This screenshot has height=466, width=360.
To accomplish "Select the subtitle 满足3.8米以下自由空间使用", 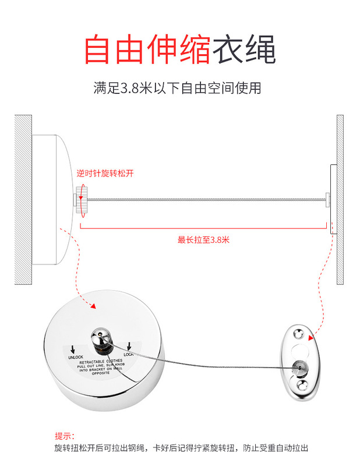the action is [177, 89].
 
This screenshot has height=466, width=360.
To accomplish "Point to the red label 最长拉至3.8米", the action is [203, 239].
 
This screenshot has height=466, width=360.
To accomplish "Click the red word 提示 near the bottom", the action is [65, 436].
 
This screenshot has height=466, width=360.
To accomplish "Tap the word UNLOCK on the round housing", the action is [76, 357].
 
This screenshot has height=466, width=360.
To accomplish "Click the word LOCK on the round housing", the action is [129, 354].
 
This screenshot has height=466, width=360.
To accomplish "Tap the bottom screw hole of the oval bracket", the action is [302, 384].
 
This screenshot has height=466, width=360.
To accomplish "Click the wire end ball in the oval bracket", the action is [300, 366].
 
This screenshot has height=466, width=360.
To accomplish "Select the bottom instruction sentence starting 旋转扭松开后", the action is [181, 449].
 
